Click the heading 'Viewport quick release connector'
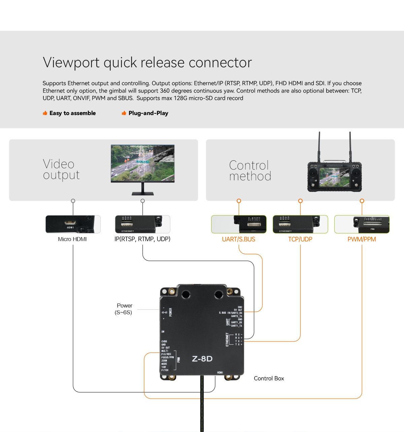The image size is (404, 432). (147, 63)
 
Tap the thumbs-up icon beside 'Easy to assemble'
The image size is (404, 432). (45, 113)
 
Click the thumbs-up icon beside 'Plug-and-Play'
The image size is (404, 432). (124, 113)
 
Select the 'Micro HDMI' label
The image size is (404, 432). (72, 239)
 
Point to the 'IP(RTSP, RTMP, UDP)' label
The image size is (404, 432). (142, 239)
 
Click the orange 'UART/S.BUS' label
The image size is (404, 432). (238, 239)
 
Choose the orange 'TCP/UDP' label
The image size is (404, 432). (300, 239)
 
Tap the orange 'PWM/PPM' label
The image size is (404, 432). (362, 239)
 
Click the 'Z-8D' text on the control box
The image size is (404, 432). (202, 359)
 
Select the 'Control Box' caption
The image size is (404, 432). (269, 379)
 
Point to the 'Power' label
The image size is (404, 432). (124, 305)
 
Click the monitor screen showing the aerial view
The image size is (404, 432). (143, 163)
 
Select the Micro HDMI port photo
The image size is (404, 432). (73, 224)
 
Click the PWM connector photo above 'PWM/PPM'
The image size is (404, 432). (362, 224)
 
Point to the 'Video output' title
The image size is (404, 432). (61, 170)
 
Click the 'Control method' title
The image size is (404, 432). (250, 171)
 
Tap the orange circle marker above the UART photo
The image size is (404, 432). (239, 201)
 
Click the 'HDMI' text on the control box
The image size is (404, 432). (220, 372)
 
